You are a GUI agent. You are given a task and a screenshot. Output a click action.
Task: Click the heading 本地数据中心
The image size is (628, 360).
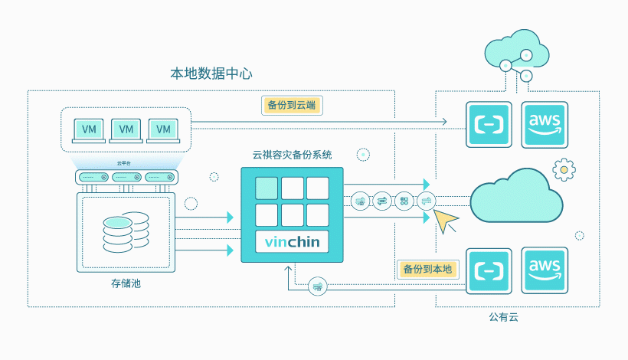coord(211,74)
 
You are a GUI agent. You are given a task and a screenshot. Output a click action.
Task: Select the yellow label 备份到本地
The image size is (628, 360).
coord(427,270)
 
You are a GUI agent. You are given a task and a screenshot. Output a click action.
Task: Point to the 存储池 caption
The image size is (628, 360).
coord(126,284)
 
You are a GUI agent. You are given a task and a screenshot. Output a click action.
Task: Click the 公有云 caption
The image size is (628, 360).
coord(504,316)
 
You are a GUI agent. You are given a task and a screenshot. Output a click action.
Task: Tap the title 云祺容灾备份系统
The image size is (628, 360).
coord(292,155)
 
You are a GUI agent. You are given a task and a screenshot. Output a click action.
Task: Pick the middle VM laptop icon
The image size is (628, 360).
coord(126,130)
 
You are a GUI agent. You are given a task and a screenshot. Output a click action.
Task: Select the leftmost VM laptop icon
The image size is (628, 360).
coord(89,130)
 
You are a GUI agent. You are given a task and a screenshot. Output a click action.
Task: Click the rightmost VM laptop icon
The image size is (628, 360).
coord(163,130)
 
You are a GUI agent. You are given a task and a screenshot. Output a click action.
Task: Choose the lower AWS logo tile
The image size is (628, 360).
coord(544,270)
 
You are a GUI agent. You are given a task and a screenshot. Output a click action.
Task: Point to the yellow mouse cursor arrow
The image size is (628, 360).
coord(445,221)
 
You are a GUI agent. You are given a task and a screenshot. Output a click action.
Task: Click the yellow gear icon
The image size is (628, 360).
coord(564,169)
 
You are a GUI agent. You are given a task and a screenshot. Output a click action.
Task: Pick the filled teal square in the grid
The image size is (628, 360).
coord(266,188)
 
